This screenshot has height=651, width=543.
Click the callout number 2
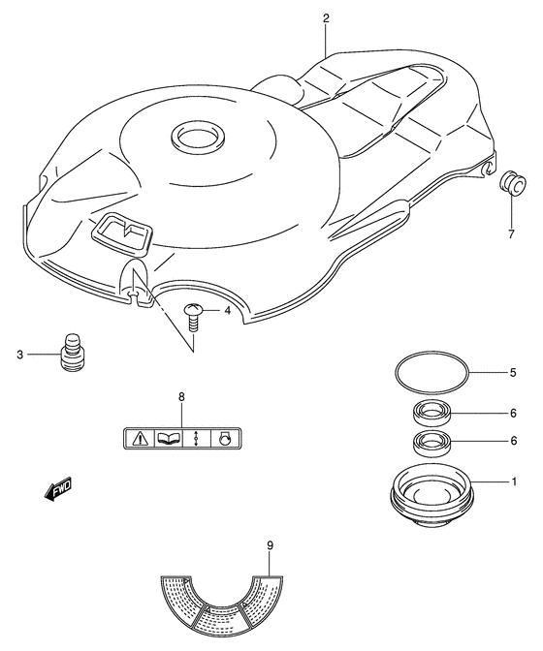tap(326, 18)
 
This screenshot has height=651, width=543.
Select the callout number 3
tap(19, 356)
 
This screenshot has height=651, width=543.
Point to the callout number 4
tap(227, 311)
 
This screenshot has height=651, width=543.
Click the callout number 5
tap(513, 370)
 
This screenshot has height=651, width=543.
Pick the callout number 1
tap(513, 481)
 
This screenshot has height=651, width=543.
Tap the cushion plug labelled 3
tap(72, 354)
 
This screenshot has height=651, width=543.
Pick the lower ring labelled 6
tap(428, 446)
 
